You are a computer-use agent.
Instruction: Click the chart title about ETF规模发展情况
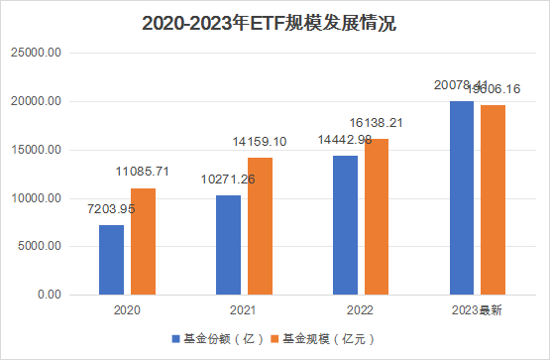275,22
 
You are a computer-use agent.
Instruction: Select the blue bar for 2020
111,260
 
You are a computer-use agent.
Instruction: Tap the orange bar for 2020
143,241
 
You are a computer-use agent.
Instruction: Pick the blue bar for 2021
228,245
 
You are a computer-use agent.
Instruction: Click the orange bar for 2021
260,226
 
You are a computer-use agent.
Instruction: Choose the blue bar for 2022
345,225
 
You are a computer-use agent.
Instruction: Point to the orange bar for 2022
377,216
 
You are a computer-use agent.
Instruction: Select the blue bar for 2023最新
462,197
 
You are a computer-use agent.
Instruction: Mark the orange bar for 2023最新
493,199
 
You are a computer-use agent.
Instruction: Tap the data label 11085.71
144,173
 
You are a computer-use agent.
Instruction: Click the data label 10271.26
227,180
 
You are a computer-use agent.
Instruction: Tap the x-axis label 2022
361,310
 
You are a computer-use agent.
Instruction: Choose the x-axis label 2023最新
478,310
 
